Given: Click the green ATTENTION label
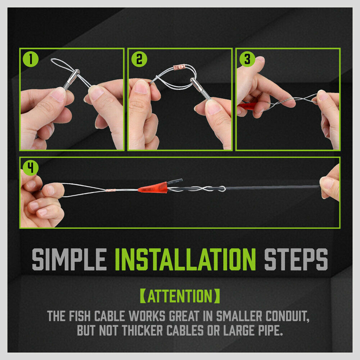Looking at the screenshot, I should [180, 296].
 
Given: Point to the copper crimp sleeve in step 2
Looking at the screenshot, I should [179, 67].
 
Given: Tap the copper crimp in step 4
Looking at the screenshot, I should [117, 189].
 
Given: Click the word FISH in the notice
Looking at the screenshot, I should [80, 316].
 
